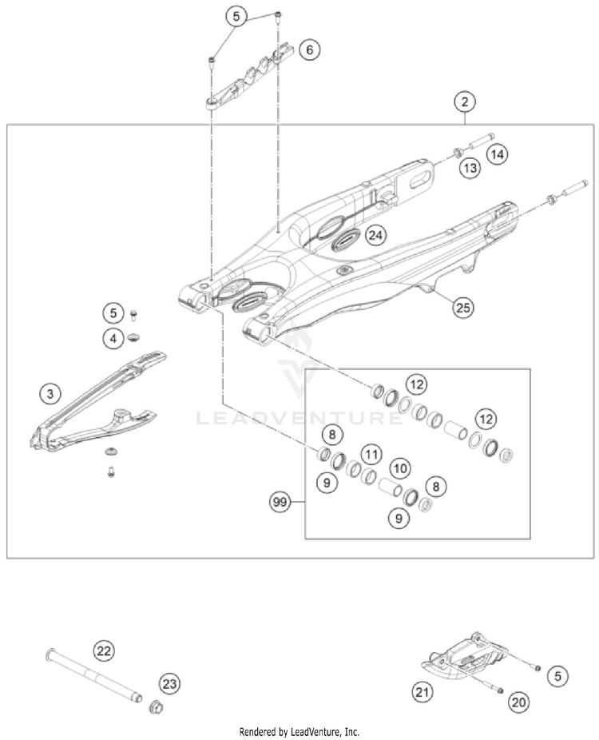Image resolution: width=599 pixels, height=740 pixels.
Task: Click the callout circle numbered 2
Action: (x=464, y=102)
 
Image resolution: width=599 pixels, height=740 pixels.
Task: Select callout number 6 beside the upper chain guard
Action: (x=310, y=50)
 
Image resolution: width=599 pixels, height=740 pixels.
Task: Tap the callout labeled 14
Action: (x=498, y=155)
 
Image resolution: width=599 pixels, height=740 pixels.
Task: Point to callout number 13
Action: (x=469, y=168)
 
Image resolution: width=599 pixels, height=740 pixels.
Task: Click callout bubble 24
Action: (x=376, y=236)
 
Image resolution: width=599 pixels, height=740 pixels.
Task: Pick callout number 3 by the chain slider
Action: (x=50, y=393)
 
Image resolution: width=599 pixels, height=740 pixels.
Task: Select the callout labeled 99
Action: (x=279, y=503)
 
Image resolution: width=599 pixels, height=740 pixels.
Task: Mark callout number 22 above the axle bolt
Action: (x=103, y=650)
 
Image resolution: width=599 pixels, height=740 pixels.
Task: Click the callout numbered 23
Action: (x=170, y=683)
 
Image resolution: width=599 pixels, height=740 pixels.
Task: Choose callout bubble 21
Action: (x=424, y=691)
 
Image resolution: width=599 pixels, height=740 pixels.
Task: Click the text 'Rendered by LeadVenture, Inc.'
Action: (x=299, y=731)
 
